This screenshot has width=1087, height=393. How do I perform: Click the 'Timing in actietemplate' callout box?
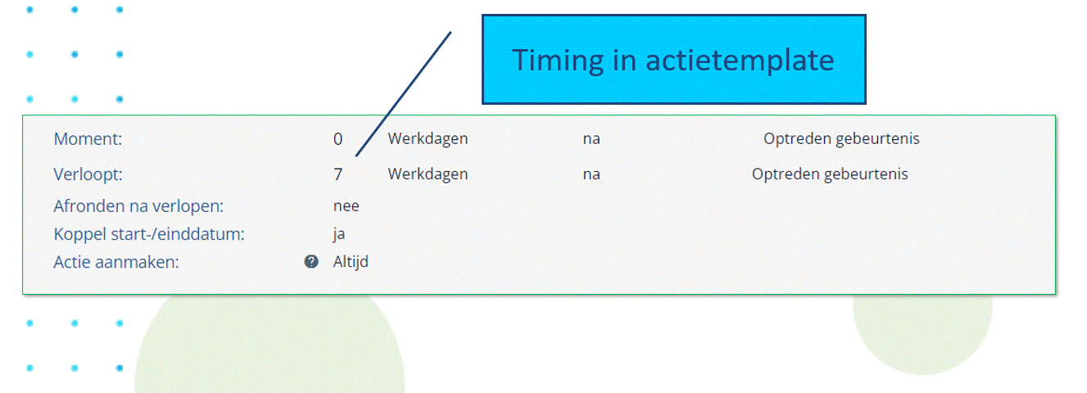click(x=673, y=59)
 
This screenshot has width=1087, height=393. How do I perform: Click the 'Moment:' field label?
click(x=88, y=138)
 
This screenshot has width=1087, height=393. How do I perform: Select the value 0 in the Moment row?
click(x=337, y=139)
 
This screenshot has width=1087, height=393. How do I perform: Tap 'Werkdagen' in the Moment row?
click(x=428, y=138)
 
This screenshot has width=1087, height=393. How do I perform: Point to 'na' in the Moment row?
click(x=591, y=139)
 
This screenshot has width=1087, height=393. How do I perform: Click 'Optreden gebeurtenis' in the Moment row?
click(x=841, y=138)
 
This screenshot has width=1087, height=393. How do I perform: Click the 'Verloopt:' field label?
click(x=88, y=174)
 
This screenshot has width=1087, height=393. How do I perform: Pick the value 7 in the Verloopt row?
click(x=337, y=174)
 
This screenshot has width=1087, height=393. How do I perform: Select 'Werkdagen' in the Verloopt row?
click(x=428, y=174)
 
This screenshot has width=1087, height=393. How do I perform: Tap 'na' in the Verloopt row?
click(x=591, y=174)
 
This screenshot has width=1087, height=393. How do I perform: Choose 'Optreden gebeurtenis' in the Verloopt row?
click(x=830, y=174)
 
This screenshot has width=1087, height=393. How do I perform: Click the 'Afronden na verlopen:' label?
click(x=138, y=206)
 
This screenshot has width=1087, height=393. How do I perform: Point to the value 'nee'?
click(x=346, y=206)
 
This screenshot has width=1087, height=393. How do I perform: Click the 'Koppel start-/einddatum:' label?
click(x=149, y=234)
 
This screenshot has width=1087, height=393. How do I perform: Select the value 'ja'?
click(x=339, y=235)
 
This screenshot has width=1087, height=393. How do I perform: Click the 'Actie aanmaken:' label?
click(x=116, y=263)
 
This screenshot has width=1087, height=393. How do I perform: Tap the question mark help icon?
click(x=311, y=262)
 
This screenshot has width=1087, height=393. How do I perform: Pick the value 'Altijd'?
click(x=351, y=262)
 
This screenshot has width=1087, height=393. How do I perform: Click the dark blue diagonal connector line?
click(x=403, y=94)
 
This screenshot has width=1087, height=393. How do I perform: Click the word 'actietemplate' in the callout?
click(x=740, y=61)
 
